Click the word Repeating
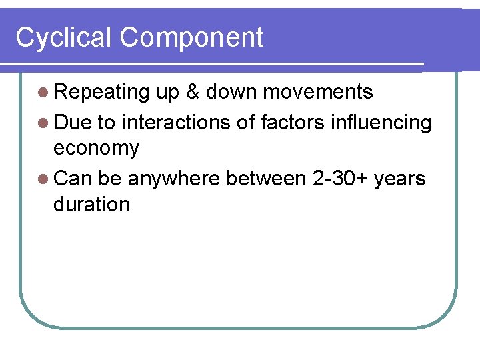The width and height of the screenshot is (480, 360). (x=102, y=93)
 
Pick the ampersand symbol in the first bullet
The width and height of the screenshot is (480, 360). (x=193, y=92)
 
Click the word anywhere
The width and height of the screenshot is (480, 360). (x=174, y=179)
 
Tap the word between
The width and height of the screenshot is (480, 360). (x=266, y=179)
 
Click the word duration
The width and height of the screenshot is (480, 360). (x=91, y=205)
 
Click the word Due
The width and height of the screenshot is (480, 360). (x=73, y=123)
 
